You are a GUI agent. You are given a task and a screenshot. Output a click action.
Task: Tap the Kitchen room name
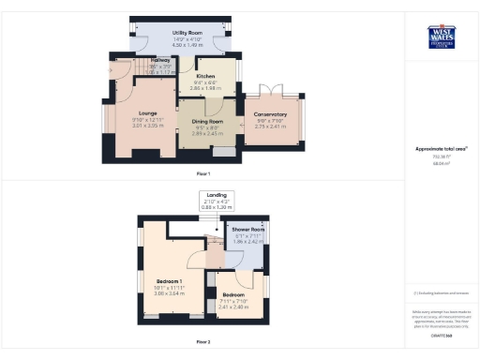206,76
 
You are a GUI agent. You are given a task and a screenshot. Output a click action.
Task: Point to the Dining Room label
207,122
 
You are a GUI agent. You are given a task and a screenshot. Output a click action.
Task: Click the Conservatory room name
271,114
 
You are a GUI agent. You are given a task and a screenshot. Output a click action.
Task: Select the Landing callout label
217,195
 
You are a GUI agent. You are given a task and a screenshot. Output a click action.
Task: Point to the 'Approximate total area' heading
441,149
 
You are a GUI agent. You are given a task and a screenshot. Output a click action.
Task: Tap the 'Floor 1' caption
203,174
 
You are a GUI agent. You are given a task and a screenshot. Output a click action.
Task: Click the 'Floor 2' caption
203,341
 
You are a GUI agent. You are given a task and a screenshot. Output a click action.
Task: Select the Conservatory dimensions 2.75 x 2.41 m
271,126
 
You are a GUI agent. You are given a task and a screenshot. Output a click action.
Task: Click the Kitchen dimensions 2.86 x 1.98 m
206,87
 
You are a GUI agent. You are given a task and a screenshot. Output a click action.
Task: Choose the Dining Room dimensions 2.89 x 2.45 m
207,133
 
